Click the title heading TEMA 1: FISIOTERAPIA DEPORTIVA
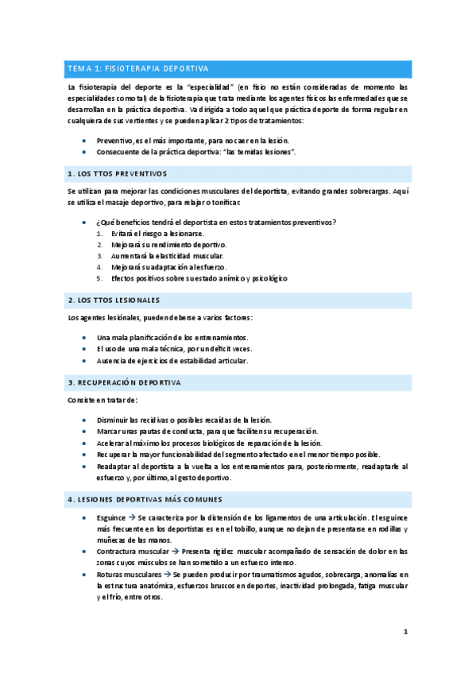pos(137,69)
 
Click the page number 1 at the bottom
pos(405,633)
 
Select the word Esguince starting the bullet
pos(110,517)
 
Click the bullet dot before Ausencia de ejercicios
pos(84,360)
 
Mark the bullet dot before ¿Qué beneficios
pos(84,222)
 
